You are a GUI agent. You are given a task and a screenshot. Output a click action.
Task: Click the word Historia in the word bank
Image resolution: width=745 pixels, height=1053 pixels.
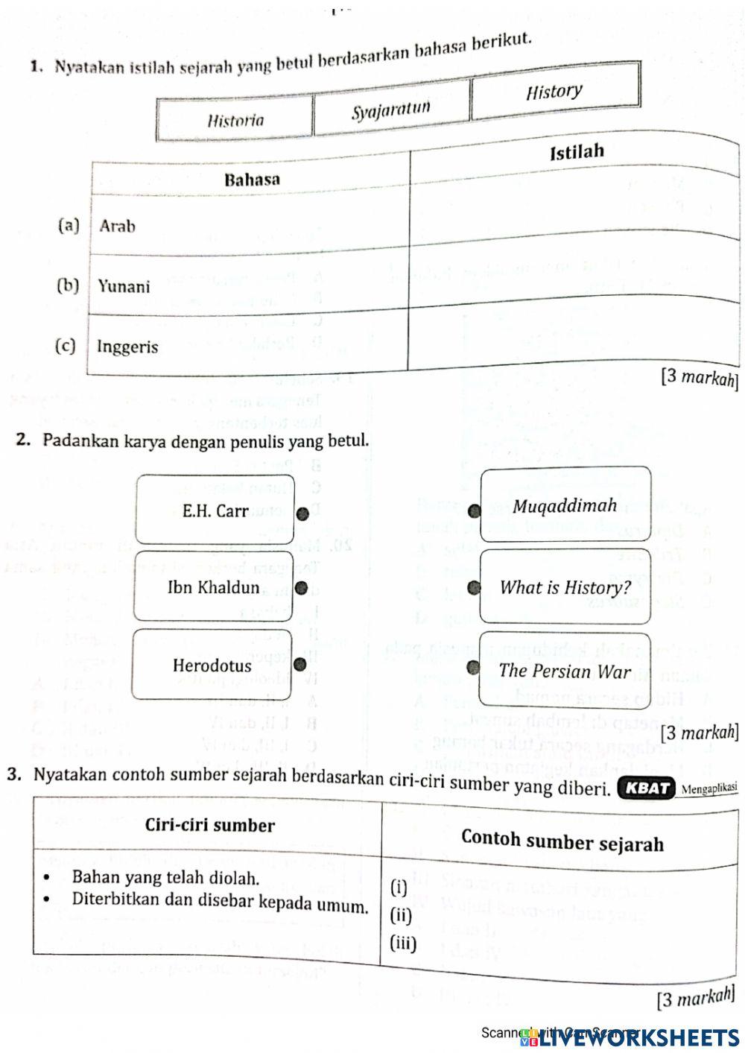[235, 120]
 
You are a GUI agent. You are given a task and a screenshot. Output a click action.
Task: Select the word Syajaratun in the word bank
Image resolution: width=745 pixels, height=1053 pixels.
[391, 110]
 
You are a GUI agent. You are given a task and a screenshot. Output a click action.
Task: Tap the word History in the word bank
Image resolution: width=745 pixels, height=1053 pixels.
[554, 92]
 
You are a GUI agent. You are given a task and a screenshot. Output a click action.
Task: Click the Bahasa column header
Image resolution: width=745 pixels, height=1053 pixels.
[252, 180]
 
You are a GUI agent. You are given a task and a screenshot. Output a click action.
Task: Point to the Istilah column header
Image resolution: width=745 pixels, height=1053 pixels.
[576, 153]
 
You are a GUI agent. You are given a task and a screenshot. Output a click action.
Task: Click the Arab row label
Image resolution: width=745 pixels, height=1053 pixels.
[118, 226]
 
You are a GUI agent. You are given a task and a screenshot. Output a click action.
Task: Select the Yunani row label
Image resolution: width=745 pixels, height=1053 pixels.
[124, 287]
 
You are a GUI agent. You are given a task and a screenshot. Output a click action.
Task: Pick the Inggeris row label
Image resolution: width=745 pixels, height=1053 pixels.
[127, 347]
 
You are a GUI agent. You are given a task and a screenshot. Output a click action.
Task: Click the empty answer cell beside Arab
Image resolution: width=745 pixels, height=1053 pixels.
[574, 212]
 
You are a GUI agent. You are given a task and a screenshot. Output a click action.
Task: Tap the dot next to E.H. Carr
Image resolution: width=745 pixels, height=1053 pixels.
[302, 513]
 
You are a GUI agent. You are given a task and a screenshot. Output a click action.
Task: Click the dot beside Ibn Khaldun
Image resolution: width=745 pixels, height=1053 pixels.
[301, 588]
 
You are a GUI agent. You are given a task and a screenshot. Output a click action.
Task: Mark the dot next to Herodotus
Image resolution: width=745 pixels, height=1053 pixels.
[302, 664]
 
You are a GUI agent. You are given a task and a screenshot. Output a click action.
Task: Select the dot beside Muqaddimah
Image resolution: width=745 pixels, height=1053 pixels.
[475, 510]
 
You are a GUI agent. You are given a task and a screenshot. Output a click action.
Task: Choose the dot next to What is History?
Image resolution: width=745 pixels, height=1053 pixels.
[474, 588]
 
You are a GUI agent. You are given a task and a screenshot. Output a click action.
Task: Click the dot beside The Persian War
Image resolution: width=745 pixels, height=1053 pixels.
[473, 667]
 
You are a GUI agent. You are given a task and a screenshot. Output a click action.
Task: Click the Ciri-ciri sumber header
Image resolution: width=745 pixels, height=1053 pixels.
[210, 825]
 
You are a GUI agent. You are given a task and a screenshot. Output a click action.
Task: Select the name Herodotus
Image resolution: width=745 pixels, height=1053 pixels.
[212, 665]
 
